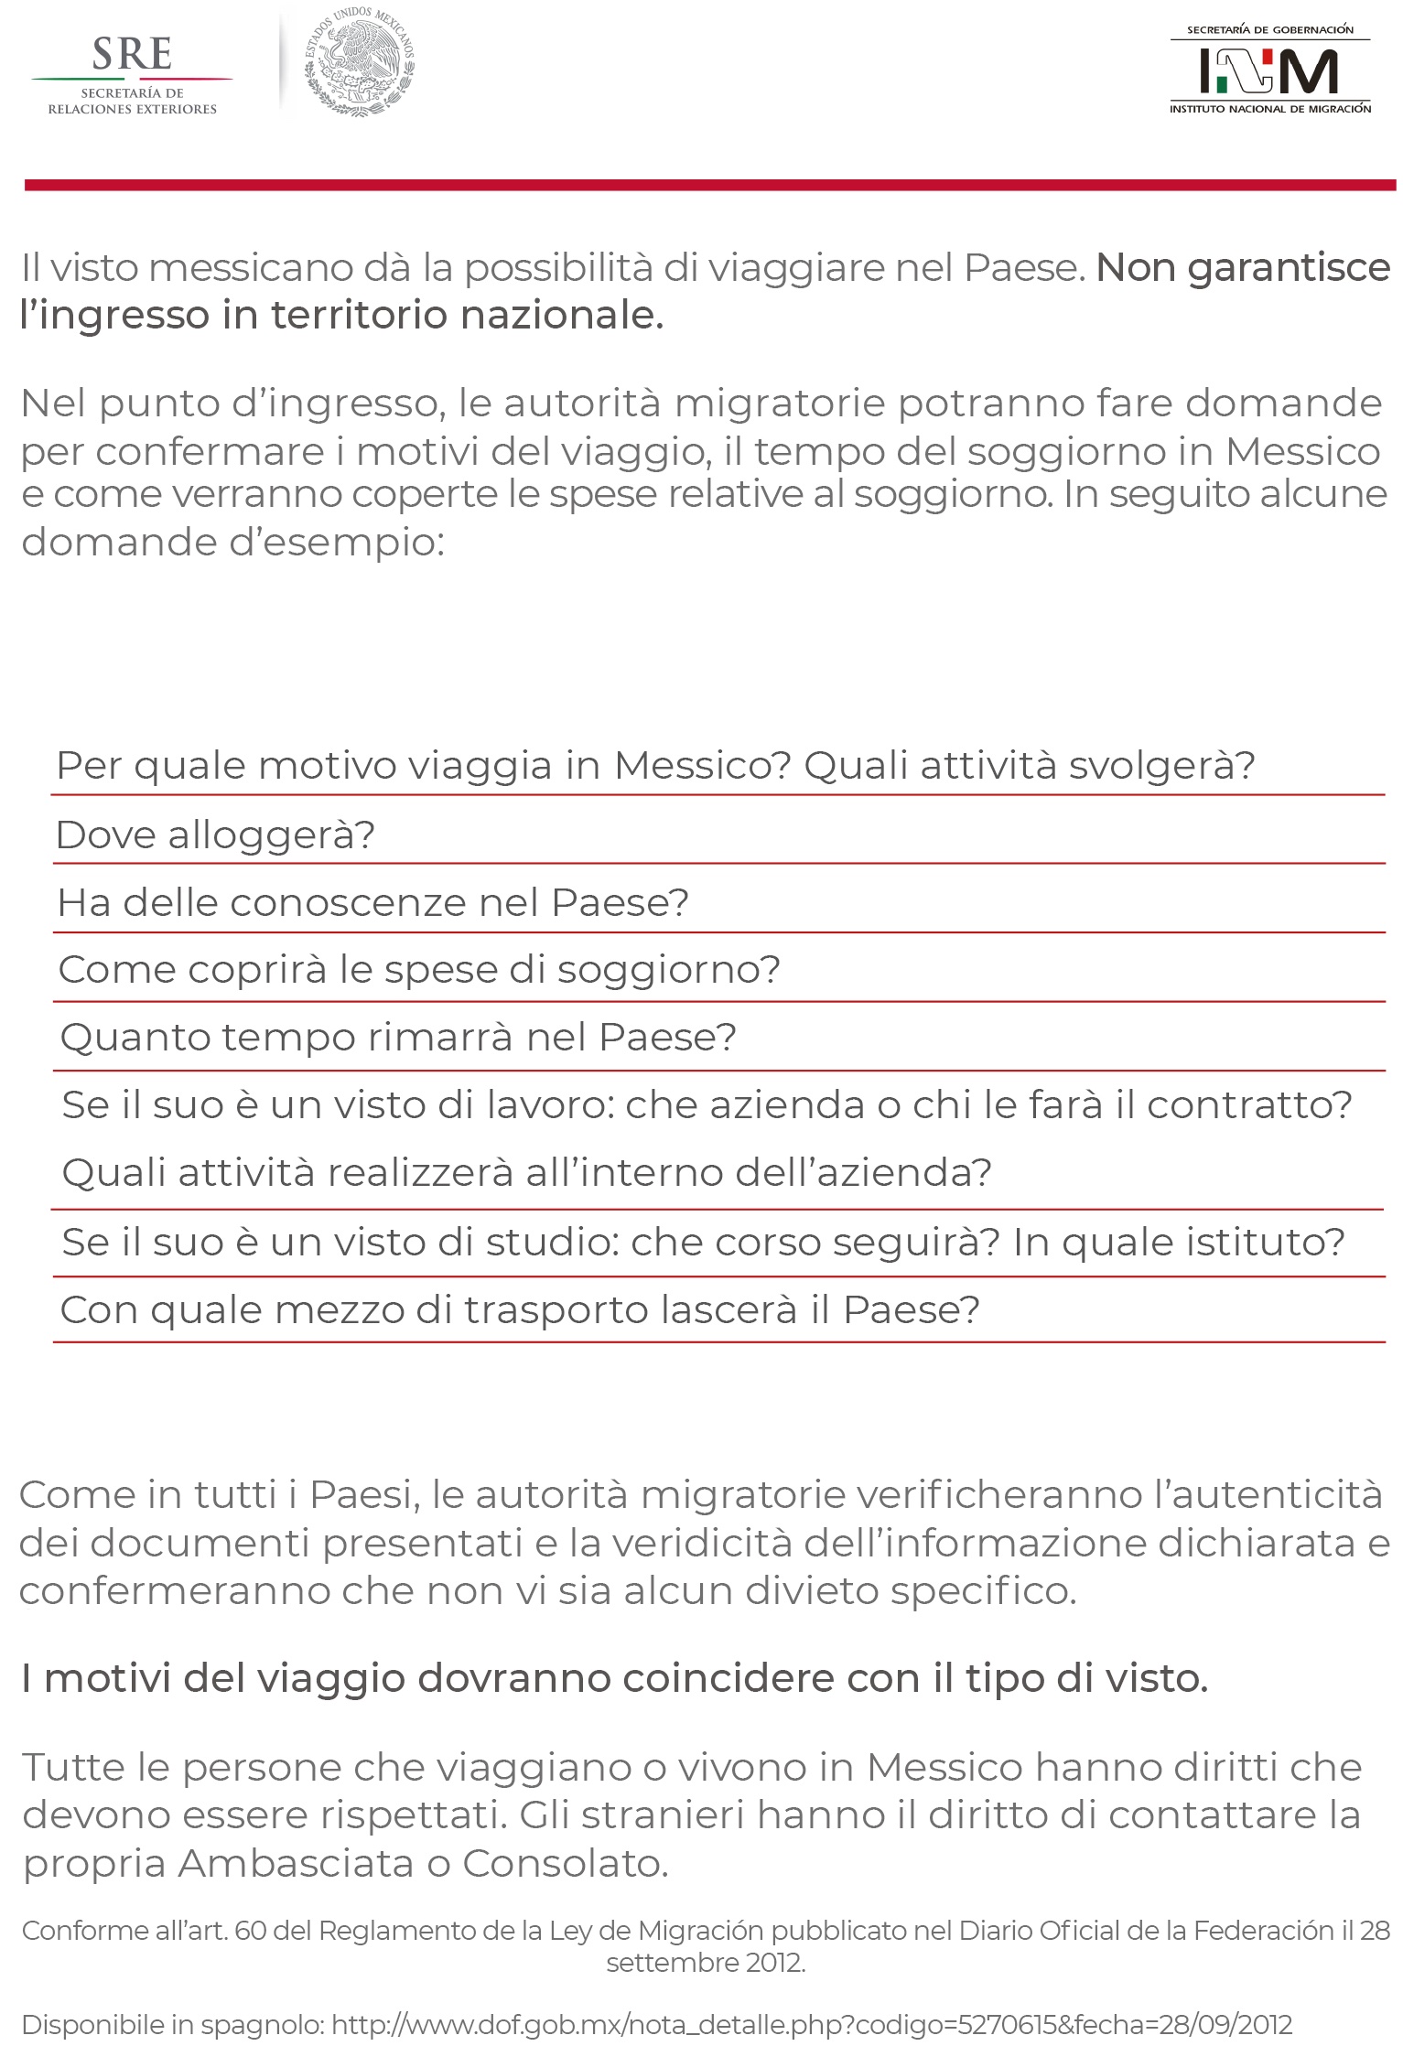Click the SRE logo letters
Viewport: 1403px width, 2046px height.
[132, 55]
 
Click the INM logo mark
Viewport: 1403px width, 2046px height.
[1268, 70]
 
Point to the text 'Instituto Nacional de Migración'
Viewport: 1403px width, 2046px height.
[1269, 109]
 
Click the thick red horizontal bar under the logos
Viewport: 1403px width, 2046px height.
[709, 185]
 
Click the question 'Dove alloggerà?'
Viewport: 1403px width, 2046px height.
[215, 835]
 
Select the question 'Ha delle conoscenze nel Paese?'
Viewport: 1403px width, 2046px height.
[372, 902]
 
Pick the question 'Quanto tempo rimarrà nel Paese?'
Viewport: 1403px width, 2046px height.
[398, 1038]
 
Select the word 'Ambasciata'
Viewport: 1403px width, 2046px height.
[296, 1863]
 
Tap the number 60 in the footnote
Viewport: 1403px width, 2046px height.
[250, 1931]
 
